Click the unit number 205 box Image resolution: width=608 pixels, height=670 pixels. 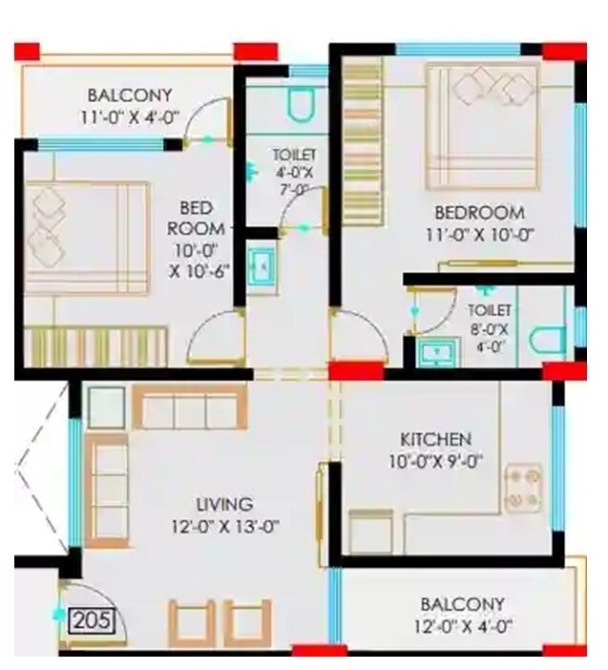click(x=92, y=621)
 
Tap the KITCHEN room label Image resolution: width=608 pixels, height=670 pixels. click(x=435, y=439)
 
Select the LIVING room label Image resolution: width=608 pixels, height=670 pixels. click(x=224, y=504)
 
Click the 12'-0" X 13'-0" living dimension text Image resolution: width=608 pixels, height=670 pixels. click(x=224, y=526)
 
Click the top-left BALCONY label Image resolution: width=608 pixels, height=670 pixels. click(x=130, y=95)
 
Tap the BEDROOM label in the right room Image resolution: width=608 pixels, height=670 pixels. click(x=479, y=212)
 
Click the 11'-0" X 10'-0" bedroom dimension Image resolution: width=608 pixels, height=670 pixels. click(x=479, y=234)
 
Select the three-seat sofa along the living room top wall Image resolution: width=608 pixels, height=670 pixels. click(x=190, y=408)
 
